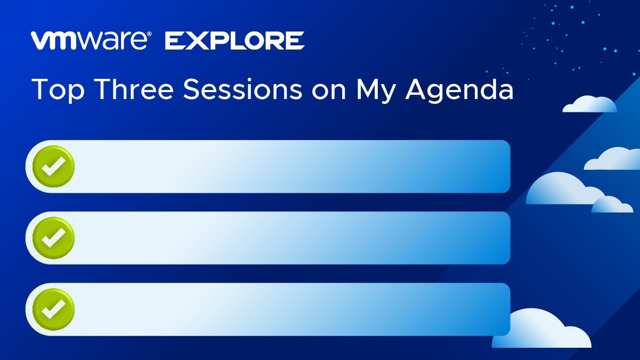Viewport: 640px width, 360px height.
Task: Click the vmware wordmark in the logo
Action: pos(89,40)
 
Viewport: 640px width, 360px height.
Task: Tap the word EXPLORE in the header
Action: pos(234,40)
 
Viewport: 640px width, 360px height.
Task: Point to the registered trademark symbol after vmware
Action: pos(149,34)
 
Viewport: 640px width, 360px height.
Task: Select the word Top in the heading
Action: pos(58,89)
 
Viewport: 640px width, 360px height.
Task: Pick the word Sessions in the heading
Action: pos(242,89)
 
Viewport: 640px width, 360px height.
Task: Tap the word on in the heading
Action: pos(329,92)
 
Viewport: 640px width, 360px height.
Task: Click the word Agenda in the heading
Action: pos(459,89)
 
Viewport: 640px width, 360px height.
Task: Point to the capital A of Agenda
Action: pos(417,89)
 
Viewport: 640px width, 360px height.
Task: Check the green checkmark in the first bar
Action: pos(53,167)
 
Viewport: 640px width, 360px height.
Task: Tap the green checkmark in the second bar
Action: pos(53,238)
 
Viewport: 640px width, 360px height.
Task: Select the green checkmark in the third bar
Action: pos(53,309)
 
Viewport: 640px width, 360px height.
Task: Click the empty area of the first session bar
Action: pos(291,167)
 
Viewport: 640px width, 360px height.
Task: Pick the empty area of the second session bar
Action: pos(291,238)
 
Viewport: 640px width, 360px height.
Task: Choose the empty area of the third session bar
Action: pos(291,309)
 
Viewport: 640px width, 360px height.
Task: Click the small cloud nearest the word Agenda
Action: pos(589,104)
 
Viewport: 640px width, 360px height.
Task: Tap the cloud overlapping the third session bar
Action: pos(541,331)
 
